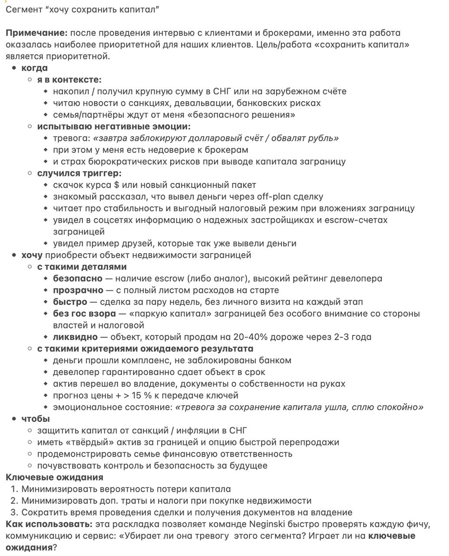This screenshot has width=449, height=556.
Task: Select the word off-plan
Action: [272, 197]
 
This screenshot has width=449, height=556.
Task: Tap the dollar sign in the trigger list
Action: [116, 185]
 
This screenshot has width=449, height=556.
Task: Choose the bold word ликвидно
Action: [75, 337]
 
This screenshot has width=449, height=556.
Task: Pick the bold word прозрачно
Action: [78, 290]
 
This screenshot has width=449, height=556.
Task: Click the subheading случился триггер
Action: [79, 173]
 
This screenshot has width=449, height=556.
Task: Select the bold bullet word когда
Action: [34, 68]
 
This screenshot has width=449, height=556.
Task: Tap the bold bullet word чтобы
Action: [36, 419]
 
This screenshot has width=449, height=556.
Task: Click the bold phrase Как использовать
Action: [49, 524]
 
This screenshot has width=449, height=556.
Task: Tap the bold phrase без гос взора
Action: [84, 314]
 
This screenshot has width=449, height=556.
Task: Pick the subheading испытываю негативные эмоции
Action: [114, 126]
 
